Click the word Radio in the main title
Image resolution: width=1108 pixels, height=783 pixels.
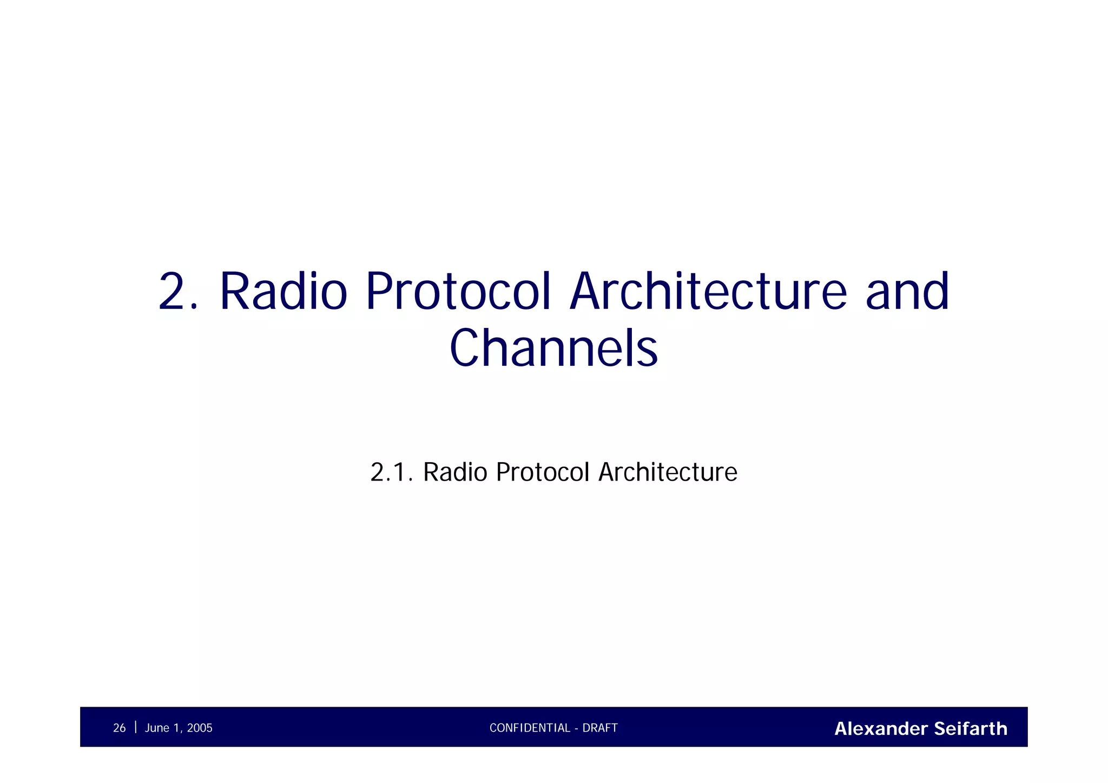tap(283, 292)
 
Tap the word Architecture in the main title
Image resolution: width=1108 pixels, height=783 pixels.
tap(708, 292)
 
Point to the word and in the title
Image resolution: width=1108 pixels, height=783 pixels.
tap(907, 292)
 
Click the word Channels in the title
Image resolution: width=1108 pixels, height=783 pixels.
tap(553, 349)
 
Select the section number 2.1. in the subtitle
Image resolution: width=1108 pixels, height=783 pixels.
tap(391, 472)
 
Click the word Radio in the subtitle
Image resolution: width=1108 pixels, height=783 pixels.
tap(455, 472)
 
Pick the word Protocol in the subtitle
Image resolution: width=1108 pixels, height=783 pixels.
tap(542, 472)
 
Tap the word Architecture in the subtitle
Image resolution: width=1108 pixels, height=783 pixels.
tap(668, 472)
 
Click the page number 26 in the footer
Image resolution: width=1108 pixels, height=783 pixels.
tap(119, 728)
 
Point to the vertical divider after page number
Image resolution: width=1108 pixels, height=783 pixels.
tap(135, 727)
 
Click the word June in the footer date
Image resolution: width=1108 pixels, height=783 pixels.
tap(157, 728)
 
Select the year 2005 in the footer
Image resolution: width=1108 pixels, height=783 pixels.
tap(200, 728)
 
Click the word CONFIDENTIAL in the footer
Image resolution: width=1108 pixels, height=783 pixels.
tap(530, 728)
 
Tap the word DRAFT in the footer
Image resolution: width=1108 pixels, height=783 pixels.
tap(600, 728)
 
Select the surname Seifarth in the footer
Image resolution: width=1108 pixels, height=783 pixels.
tap(971, 729)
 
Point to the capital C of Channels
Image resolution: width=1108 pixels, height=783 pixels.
tap(466, 349)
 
